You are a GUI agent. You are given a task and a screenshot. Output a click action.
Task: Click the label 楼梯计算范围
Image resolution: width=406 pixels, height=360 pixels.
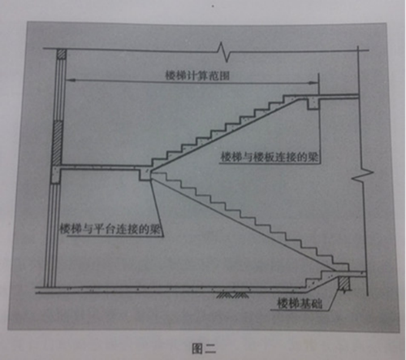[x=197, y=76]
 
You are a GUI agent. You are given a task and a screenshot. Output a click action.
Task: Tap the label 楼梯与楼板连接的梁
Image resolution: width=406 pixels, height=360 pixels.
[x=270, y=157]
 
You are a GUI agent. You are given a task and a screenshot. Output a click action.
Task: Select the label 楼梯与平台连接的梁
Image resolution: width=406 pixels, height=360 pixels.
[x=110, y=229]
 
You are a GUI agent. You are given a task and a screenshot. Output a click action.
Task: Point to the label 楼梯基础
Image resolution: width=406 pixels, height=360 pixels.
[x=300, y=303]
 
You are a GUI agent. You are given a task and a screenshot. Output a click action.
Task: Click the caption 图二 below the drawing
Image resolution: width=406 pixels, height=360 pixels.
[x=204, y=349]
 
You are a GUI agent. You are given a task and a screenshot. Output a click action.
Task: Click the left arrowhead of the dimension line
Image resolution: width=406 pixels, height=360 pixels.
[x=70, y=80]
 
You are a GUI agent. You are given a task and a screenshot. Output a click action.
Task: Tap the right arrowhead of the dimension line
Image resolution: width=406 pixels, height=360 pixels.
[x=314, y=83]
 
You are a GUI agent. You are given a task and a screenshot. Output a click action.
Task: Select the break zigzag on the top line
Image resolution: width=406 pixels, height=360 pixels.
[x=224, y=52]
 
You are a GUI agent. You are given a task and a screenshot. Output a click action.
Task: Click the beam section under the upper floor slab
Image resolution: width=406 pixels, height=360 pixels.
[x=313, y=103]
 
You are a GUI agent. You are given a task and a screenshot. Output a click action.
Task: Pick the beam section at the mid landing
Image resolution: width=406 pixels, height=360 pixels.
[x=145, y=174]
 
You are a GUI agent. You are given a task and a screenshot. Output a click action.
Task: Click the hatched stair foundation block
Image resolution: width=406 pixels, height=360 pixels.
[x=344, y=284]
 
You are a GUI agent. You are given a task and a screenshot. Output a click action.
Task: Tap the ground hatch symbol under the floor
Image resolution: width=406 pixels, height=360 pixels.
[x=233, y=295]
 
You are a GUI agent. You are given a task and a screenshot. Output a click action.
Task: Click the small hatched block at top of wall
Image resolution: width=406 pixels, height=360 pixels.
[x=62, y=54]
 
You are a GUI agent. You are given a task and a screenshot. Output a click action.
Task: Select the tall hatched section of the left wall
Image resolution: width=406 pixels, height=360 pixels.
[x=58, y=143]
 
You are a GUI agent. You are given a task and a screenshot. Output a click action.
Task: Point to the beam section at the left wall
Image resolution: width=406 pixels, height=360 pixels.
[x=56, y=175]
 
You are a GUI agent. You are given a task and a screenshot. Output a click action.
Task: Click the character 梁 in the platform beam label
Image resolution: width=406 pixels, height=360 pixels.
[x=155, y=229]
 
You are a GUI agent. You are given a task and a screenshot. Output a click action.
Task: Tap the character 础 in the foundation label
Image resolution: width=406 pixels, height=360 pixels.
[x=317, y=304]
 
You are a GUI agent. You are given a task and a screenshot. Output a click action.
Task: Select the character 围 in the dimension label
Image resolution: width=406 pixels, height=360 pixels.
[x=224, y=76]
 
